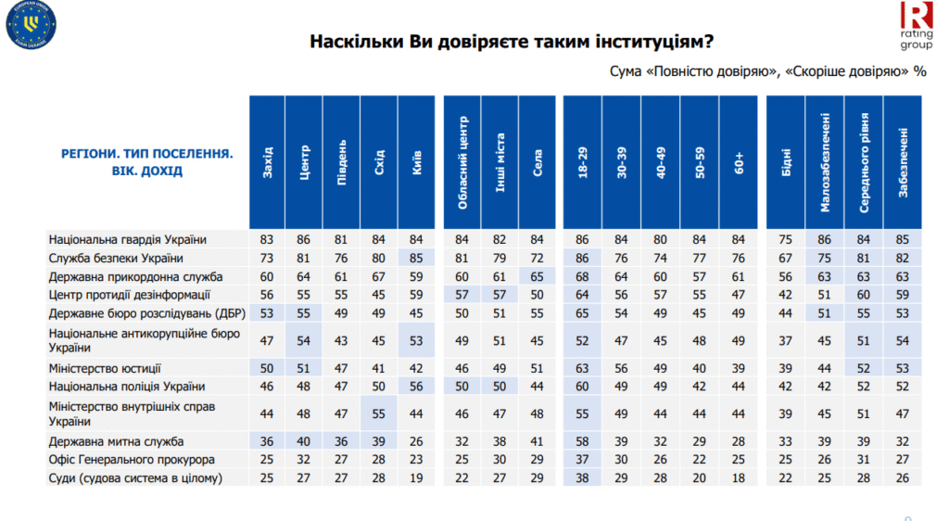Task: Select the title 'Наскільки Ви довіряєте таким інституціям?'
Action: [511, 42]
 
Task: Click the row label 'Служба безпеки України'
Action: [116, 258]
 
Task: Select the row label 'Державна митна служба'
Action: [116, 441]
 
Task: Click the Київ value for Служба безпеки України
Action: [416, 258]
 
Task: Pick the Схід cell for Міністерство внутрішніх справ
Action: [379, 413]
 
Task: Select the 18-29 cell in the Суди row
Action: [583, 478]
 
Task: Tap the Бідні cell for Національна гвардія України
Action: [786, 239]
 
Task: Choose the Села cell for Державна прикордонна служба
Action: [537, 276]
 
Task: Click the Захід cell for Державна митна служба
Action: [267, 441]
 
